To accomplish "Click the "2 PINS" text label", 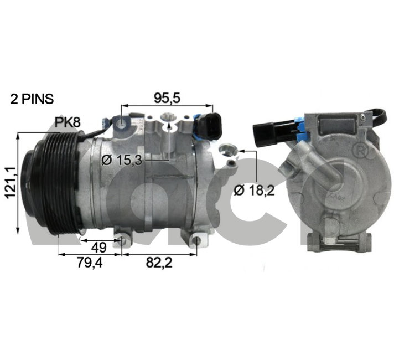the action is coord(32,99).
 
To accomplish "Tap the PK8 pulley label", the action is coord(68,122).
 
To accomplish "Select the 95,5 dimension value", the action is coord(167,98).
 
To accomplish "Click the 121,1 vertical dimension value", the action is coord(11,182).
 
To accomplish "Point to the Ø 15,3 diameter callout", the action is coord(122,160).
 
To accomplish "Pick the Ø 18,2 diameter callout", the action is coord(254,191).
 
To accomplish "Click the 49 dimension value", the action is coord(98,248).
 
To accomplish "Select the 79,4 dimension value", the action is coord(90,263).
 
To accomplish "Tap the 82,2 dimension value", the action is coord(159,263).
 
